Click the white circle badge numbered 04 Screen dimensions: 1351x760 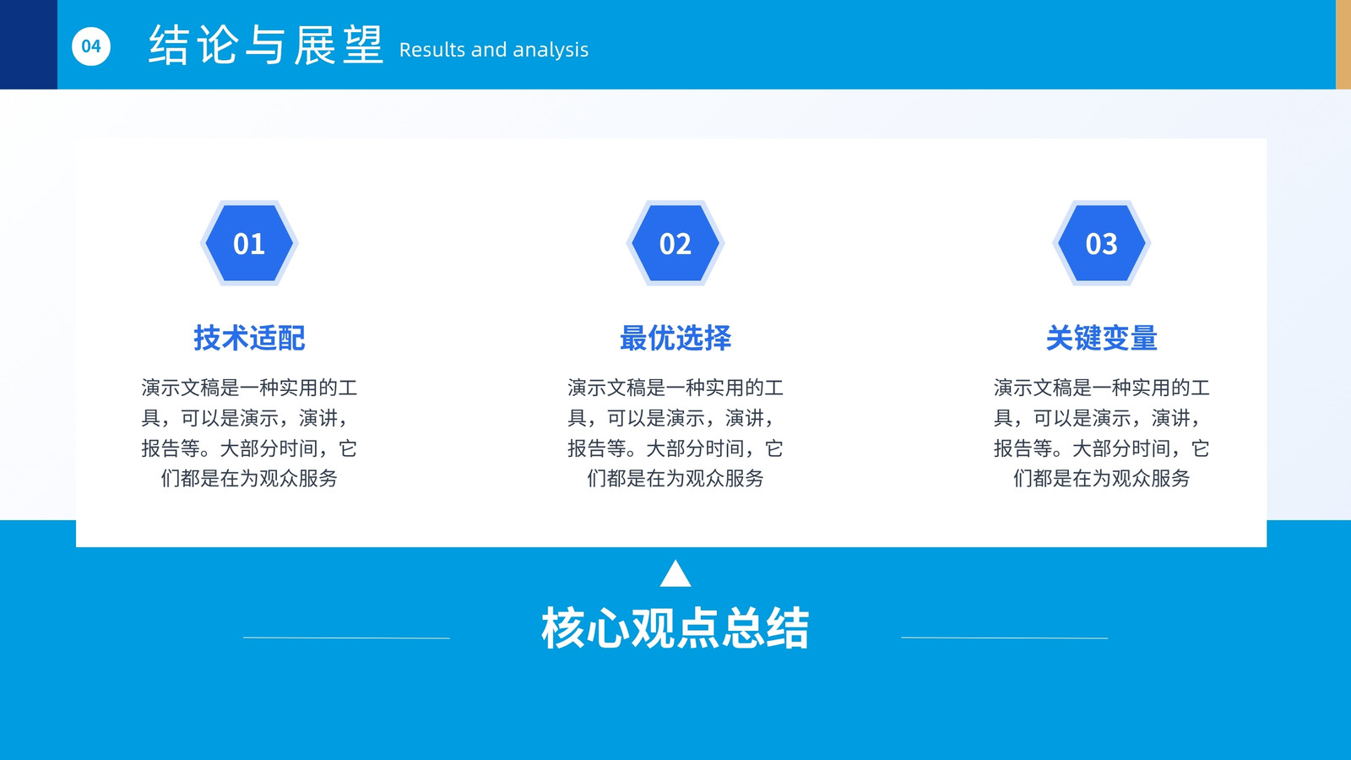pyautogui.click(x=91, y=46)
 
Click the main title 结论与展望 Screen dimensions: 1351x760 pyautogui.click(x=266, y=46)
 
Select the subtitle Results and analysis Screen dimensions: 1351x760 pyautogui.click(x=493, y=50)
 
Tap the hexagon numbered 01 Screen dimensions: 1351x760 pyautogui.click(x=249, y=243)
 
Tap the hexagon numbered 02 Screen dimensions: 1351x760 pyautogui.click(x=675, y=243)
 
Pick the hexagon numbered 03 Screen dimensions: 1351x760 pyautogui.click(x=1101, y=243)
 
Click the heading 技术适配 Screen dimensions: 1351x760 pyautogui.click(x=249, y=338)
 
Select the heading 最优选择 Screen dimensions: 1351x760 pyautogui.click(x=675, y=338)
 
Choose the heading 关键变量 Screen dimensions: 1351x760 pyautogui.click(x=1101, y=338)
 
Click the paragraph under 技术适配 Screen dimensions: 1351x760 pyautogui.click(x=249, y=432)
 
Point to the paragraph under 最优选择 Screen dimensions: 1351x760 pyautogui.click(x=675, y=432)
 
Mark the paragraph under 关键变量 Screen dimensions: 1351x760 pyautogui.click(x=1101, y=432)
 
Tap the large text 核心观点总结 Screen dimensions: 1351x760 pyautogui.click(x=675, y=628)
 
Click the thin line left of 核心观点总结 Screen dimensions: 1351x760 pyautogui.click(x=346, y=638)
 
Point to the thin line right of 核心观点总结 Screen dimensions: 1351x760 pyautogui.click(x=1004, y=638)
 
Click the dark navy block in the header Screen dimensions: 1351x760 pyautogui.click(x=29, y=45)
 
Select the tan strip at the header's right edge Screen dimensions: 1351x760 pyautogui.click(x=1343, y=45)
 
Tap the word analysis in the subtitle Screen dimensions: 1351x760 pyautogui.click(x=551, y=51)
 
